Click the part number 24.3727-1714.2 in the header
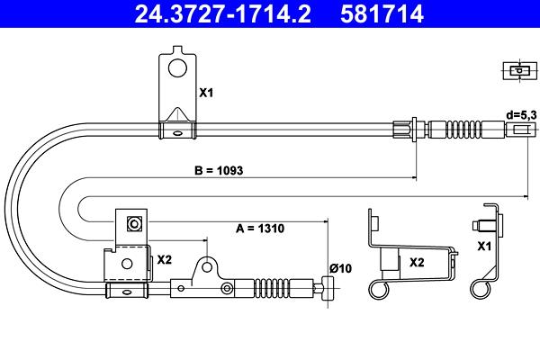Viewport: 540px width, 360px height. (x=222, y=14)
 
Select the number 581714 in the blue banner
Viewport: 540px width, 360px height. (x=382, y=14)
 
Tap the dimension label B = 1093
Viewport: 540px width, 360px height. (x=219, y=170)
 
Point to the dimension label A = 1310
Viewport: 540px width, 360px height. (x=260, y=228)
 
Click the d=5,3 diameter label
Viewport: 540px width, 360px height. (x=521, y=115)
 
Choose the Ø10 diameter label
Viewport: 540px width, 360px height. (x=340, y=268)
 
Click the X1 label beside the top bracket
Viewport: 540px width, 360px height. (x=206, y=93)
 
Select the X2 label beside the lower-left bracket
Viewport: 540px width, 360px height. (x=165, y=260)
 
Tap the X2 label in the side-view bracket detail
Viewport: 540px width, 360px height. (x=417, y=263)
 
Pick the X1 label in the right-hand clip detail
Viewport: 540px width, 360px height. (x=484, y=247)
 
